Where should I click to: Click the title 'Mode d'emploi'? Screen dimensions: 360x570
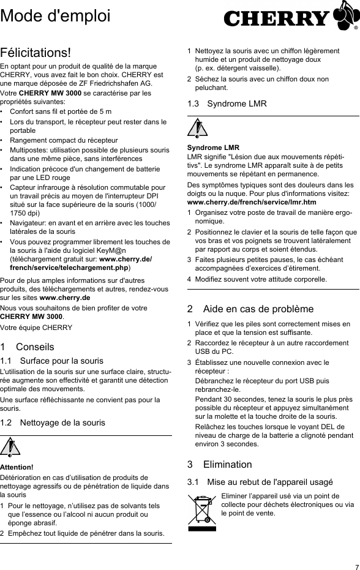(47, 14)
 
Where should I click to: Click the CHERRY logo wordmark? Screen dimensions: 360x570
(277, 19)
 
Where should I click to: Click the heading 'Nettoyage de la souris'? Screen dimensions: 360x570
(62, 422)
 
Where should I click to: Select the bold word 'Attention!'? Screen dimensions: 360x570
(17, 467)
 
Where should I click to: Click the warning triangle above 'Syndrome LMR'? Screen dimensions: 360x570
(197, 129)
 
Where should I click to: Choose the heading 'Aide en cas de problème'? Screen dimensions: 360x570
(250, 309)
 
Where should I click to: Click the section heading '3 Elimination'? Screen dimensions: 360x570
(219, 464)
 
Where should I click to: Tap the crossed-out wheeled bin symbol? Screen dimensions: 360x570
(203, 512)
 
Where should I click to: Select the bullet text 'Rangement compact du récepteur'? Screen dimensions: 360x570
(64, 140)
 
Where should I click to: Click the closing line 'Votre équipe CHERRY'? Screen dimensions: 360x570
(36, 328)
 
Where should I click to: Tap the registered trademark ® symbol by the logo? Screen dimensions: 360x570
(356, 28)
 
